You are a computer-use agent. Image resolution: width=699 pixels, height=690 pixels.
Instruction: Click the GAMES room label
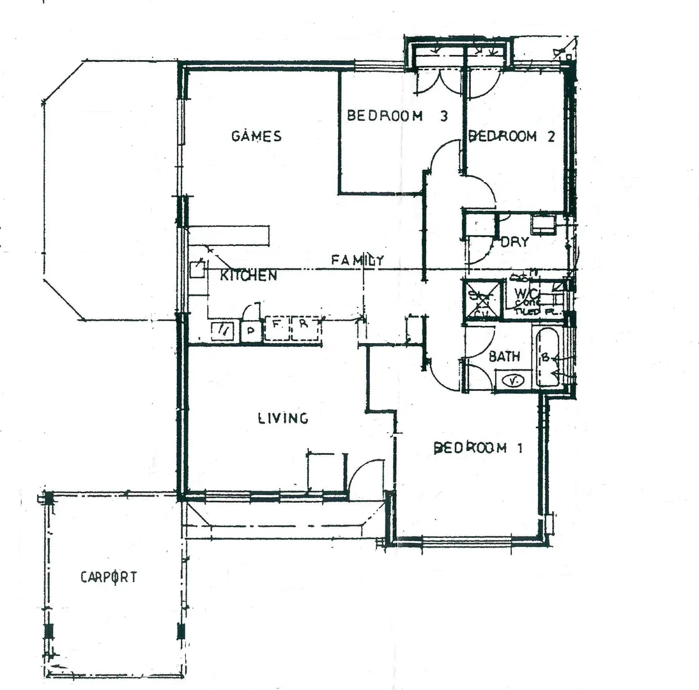click(256, 136)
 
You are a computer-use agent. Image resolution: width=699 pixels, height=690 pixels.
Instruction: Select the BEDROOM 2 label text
click(511, 136)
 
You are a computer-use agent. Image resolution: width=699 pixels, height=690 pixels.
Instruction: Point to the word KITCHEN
click(249, 276)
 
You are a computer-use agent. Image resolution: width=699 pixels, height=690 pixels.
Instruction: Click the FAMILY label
click(357, 260)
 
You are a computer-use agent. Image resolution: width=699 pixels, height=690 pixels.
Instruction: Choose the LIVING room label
click(283, 418)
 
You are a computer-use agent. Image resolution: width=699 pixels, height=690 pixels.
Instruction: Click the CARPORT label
click(109, 577)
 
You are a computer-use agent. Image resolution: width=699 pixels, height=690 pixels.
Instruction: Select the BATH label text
click(504, 356)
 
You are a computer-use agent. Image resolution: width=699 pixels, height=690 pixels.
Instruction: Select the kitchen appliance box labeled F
click(277, 327)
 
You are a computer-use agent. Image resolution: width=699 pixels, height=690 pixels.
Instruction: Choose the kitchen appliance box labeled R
click(304, 327)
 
